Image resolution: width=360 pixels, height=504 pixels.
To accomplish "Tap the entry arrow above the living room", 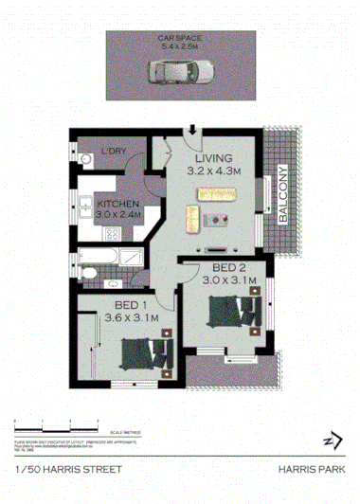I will pos(193,131).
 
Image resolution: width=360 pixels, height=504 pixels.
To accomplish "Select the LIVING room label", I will pos(214,157).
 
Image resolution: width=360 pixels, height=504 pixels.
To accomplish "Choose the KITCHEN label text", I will pos(118,204).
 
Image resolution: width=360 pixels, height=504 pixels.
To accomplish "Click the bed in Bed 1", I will pos(144,351).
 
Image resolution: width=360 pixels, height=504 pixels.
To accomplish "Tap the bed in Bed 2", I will pos(231,312).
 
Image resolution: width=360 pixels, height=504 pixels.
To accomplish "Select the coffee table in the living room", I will pos(220,220).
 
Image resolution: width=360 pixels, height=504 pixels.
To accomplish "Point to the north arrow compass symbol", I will pos(332,440).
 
